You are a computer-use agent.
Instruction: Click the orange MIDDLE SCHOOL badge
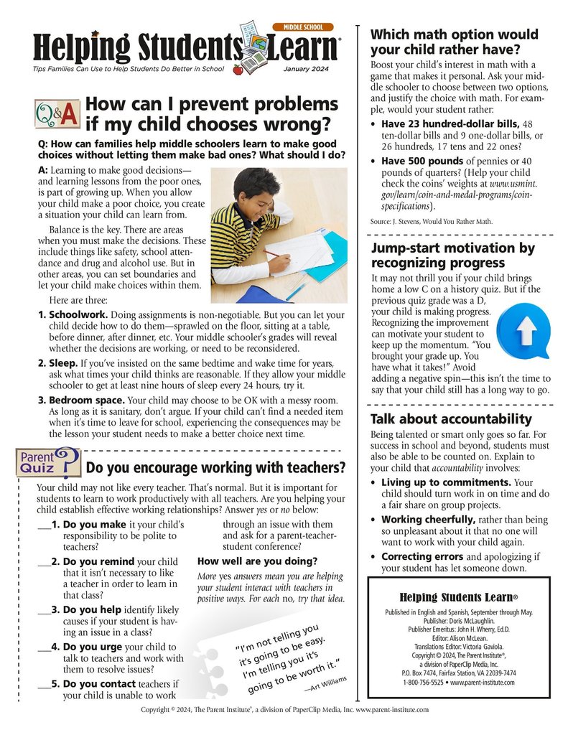(303, 27)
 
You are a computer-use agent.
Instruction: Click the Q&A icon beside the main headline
(57, 113)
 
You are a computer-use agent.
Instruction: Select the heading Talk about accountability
(450, 419)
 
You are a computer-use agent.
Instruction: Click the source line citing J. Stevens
(431, 222)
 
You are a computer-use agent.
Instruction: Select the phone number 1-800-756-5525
(411, 682)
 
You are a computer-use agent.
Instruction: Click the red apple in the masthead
(238, 69)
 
